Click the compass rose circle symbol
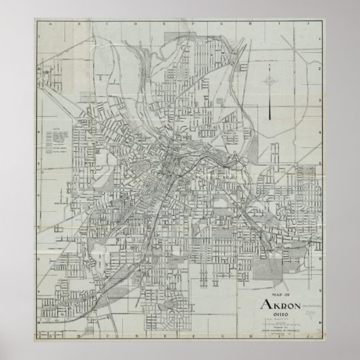(x=270, y=82)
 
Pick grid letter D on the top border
(x=134, y=22)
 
